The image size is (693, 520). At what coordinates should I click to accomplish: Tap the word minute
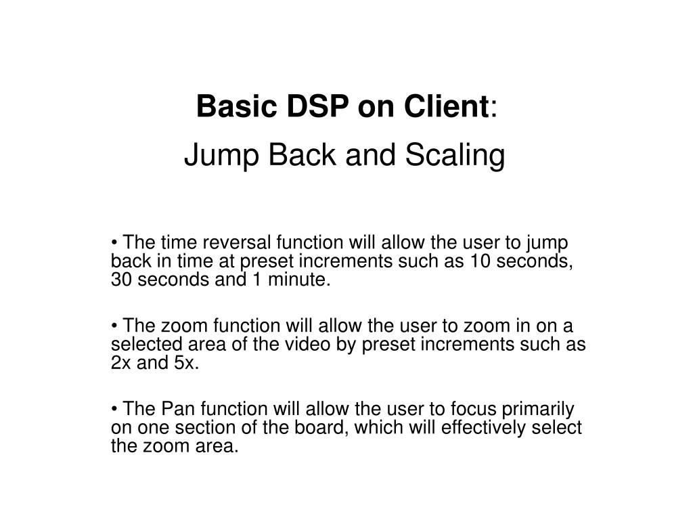pyautogui.click(x=305, y=280)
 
